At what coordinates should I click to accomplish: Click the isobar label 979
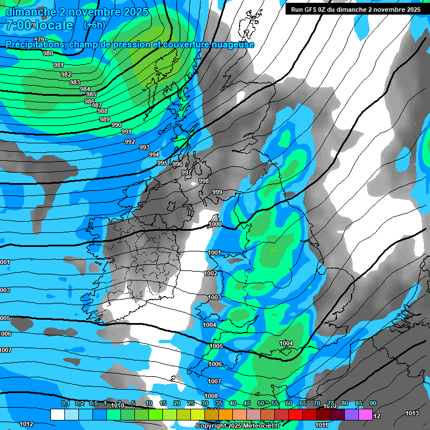click(x=39, y=39)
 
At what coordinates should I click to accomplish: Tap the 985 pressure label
click(x=91, y=94)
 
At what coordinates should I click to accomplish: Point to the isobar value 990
click(x=116, y=125)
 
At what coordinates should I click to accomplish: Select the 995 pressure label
click(x=162, y=163)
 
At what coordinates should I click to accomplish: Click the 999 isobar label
click(x=217, y=192)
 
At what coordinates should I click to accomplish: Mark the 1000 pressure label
click(x=215, y=224)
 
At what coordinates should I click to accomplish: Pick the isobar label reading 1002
click(x=211, y=273)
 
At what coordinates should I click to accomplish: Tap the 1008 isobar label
click(x=211, y=396)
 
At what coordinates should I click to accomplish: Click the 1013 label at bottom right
click(x=412, y=413)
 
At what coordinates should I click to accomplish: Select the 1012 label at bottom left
click(x=26, y=424)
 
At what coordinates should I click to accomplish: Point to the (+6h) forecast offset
click(x=93, y=25)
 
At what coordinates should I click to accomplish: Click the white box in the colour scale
click(x=57, y=414)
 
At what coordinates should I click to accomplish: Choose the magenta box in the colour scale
click(x=366, y=414)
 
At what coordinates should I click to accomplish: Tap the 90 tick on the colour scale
click(x=372, y=404)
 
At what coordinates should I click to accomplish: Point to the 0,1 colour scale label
click(x=65, y=404)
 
